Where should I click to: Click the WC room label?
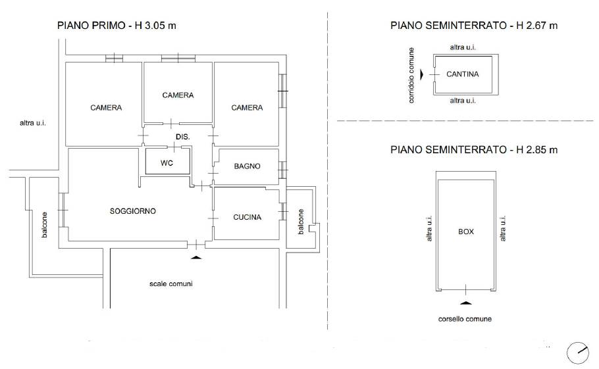pyautogui.click(x=167, y=163)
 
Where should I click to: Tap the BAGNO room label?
pyautogui.click(x=247, y=166)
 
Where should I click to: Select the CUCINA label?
pyautogui.click(x=247, y=217)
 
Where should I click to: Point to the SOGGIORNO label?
pyautogui.click(x=132, y=211)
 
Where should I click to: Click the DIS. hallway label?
pyautogui.click(x=182, y=137)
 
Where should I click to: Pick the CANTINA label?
pyautogui.click(x=462, y=74)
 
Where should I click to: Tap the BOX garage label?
pyautogui.click(x=465, y=232)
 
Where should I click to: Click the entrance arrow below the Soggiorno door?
pyautogui.click(x=196, y=258)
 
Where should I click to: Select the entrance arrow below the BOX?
pyautogui.click(x=465, y=303)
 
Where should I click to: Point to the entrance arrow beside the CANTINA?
pyautogui.click(x=422, y=74)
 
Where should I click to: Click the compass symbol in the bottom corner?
pyautogui.click(x=578, y=353)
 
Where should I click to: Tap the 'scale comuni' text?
pyautogui.click(x=170, y=284)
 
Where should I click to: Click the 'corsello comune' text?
pyautogui.click(x=465, y=319)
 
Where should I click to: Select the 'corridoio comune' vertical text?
pyautogui.click(x=411, y=75)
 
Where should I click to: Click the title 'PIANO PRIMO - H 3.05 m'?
pyautogui.click(x=117, y=26)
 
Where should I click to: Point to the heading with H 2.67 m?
pyautogui.click(x=474, y=26)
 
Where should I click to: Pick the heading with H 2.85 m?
pyautogui.click(x=474, y=149)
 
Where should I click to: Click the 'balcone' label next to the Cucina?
pyautogui.click(x=301, y=222)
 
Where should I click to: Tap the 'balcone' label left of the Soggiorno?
pyautogui.click(x=44, y=225)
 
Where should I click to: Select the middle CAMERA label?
pyautogui.click(x=178, y=95)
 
